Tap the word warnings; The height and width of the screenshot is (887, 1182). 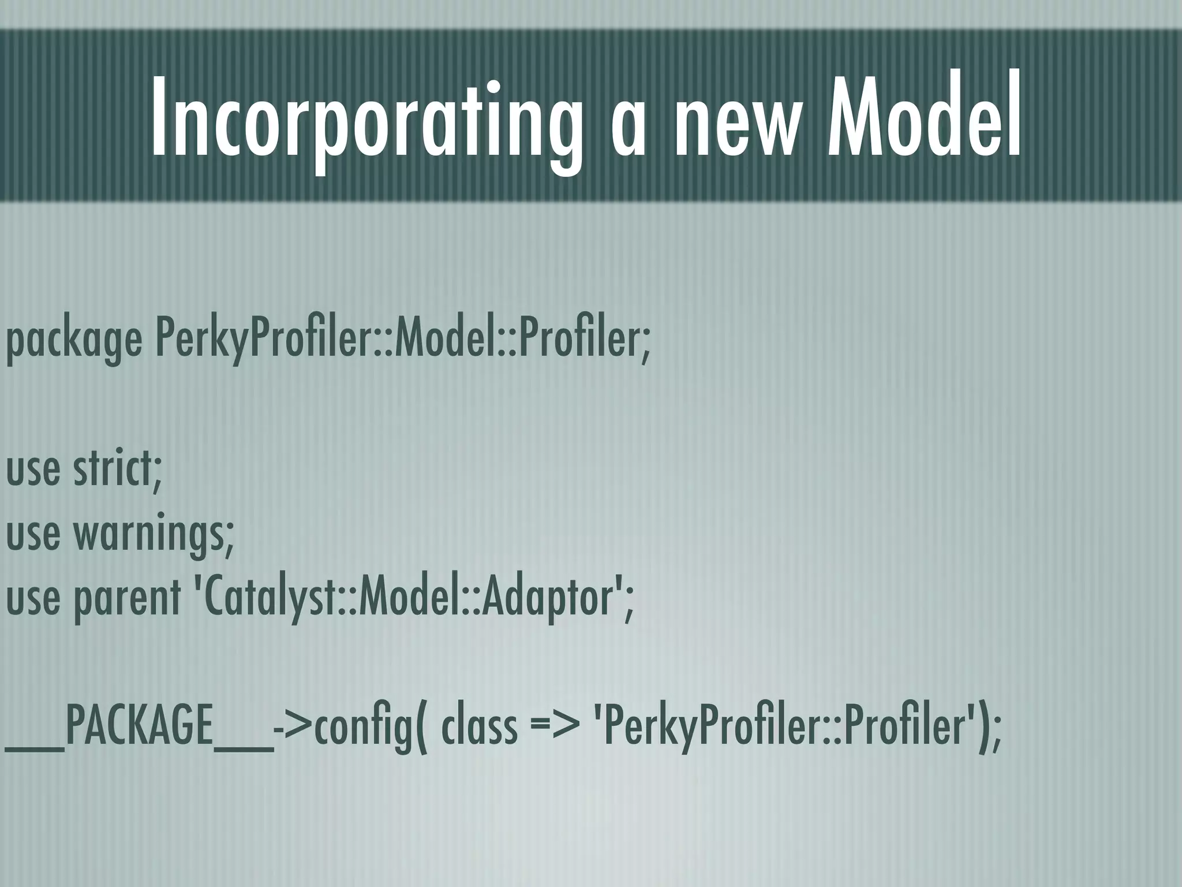(x=154, y=534)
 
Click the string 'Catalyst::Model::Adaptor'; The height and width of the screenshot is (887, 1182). (x=411, y=598)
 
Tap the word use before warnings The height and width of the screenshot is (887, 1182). (x=33, y=534)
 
